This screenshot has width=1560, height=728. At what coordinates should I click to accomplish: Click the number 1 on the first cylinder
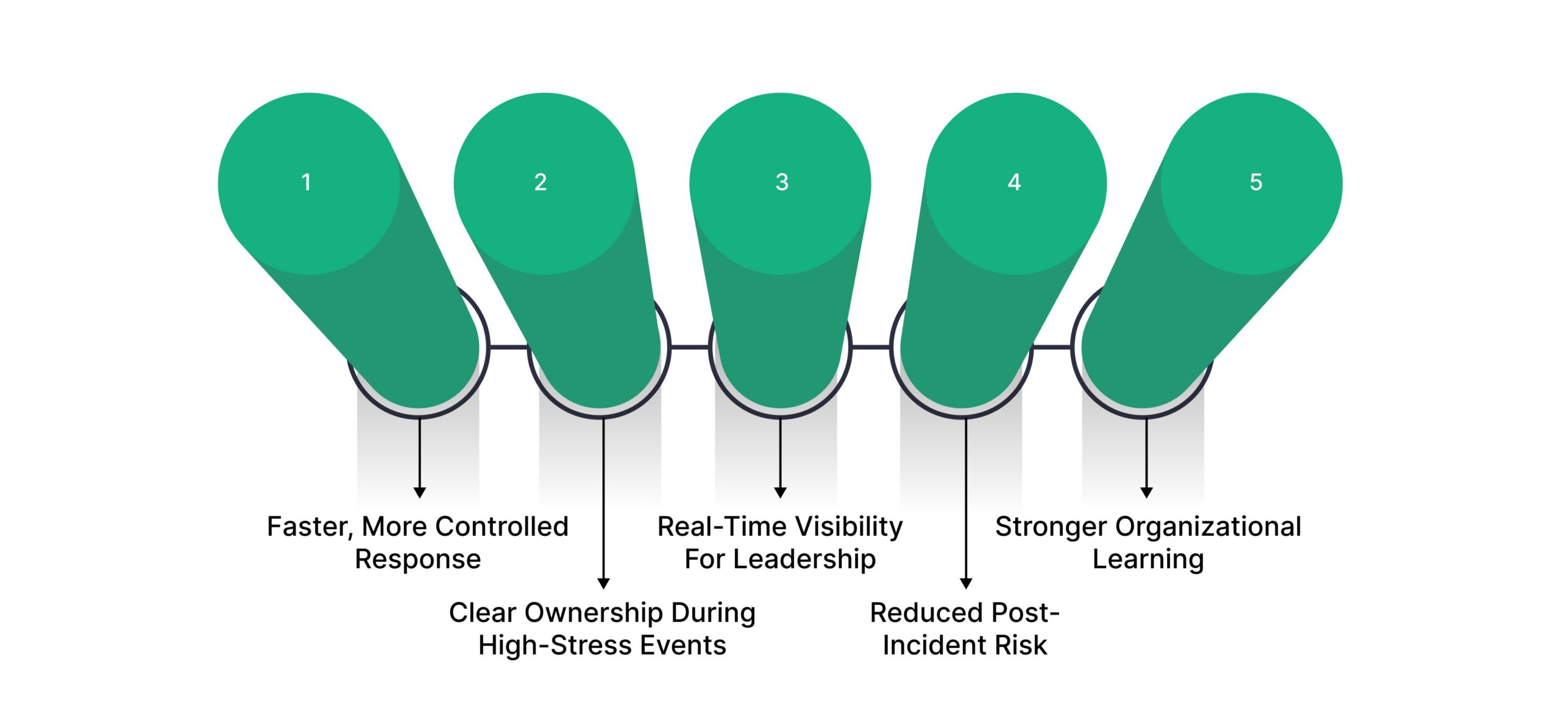(307, 182)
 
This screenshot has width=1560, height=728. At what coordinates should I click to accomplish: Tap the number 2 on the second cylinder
(541, 182)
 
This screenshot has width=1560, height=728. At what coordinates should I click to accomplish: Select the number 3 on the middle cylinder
(782, 182)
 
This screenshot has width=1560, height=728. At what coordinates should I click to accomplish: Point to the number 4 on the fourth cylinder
(1014, 182)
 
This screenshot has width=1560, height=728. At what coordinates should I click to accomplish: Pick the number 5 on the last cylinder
(1256, 182)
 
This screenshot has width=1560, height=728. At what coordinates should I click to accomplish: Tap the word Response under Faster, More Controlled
(418, 559)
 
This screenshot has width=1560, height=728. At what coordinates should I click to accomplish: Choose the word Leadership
(804, 559)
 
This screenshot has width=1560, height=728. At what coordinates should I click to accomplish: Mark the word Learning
(1148, 559)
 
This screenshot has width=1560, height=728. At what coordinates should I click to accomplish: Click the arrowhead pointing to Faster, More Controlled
(419, 493)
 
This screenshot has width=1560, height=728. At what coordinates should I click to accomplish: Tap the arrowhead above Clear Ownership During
(603, 583)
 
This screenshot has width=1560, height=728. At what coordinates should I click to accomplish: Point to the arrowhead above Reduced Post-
(966, 583)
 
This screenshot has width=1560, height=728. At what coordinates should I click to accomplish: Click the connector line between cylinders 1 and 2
(508, 347)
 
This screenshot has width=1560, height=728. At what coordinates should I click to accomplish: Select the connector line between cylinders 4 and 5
(1051, 347)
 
